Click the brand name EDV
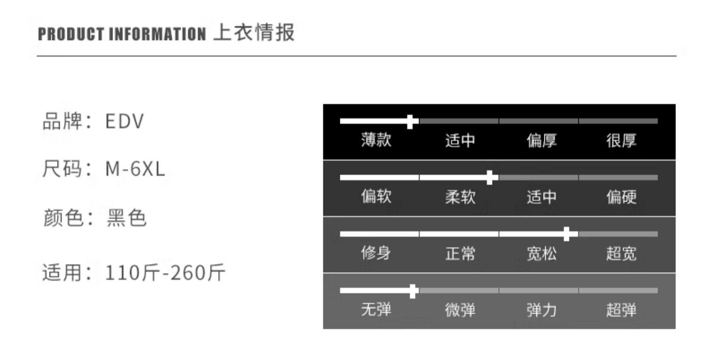[124, 122]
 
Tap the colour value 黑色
[127, 218]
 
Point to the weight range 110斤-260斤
[165, 272]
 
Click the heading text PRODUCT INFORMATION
[122, 34]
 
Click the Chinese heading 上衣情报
[254, 33]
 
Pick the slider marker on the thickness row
[411, 122]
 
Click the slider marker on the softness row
[491, 178]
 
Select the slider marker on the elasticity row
[413, 291]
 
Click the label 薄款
[376, 140]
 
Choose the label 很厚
[621, 140]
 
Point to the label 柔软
[460, 197]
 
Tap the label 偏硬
[621, 197]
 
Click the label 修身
[376, 254]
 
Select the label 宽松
[542, 254]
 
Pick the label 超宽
[621, 254]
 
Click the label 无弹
[376, 310]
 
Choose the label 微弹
[460, 310]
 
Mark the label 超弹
[621, 310]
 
